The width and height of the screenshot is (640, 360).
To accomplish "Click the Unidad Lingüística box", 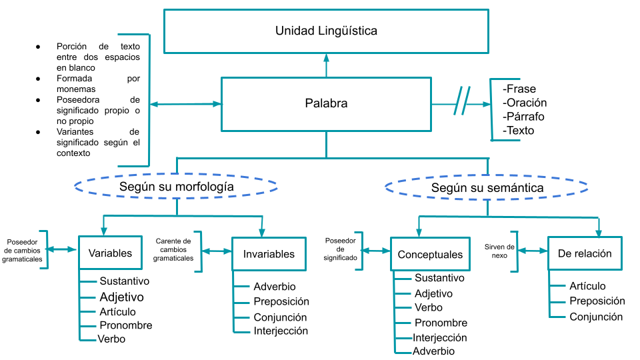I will click(x=326, y=31).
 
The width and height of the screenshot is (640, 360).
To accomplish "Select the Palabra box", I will click(x=326, y=104).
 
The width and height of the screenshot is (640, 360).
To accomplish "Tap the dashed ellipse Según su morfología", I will click(x=177, y=187).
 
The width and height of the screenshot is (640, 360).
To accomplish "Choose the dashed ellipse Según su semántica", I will click(x=487, y=188).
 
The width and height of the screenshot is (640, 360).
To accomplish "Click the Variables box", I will click(x=110, y=253).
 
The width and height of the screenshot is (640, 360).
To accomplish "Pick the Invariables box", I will click(x=269, y=253).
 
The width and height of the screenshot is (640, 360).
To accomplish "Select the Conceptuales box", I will click(x=430, y=254).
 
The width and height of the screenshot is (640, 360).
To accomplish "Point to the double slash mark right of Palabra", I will click(x=462, y=101).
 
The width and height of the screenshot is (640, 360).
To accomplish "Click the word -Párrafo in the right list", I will click(x=523, y=117).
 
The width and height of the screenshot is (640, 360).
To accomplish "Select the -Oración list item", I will click(x=524, y=103).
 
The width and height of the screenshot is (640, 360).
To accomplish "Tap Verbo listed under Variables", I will click(x=111, y=339).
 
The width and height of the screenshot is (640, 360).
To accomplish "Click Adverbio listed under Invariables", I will click(x=275, y=287).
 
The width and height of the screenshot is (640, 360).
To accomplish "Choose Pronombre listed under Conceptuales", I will click(x=441, y=323).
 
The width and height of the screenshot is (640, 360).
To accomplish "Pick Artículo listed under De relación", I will click(x=587, y=286).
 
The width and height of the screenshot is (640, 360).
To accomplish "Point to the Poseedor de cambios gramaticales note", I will click(x=22, y=250).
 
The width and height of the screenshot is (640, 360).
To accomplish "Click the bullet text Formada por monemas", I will click(x=97, y=83).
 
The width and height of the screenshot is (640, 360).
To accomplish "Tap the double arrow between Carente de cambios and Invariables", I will click(x=217, y=251).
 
